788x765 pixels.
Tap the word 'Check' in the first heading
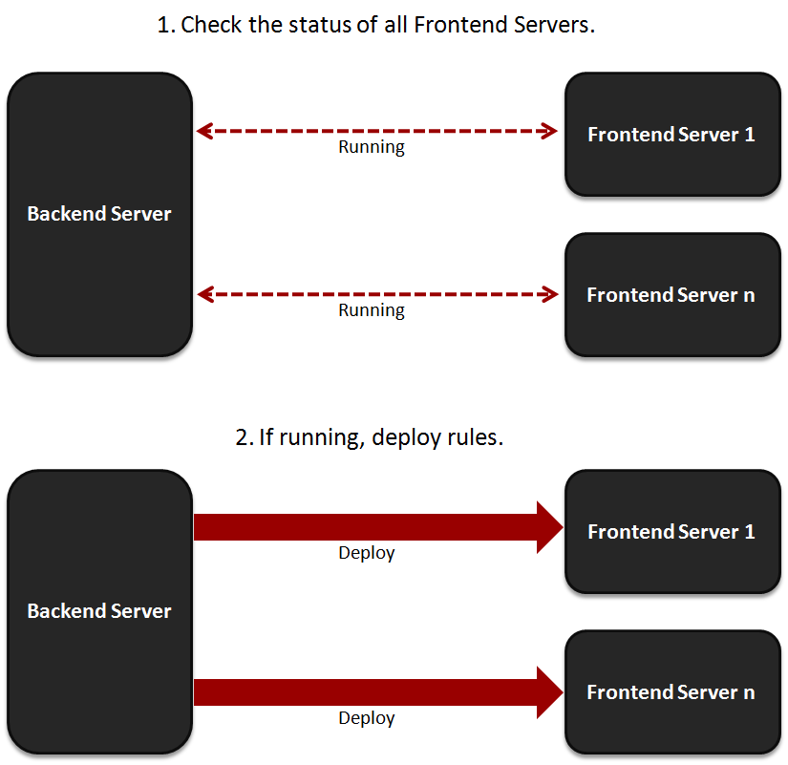coord(211,25)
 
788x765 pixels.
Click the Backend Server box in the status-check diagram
coord(100,215)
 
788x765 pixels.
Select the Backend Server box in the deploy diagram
coord(100,611)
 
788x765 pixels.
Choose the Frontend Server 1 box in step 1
coord(672,135)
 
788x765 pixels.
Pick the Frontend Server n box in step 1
coord(672,295)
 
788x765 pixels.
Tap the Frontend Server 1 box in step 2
coord(672,532)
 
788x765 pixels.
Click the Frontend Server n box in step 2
coord(672,692)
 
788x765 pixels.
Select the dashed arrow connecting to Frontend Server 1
coord(377,131)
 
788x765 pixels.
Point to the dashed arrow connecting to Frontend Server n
coord(378,294)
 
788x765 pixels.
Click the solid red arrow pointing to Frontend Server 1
coord(378,527)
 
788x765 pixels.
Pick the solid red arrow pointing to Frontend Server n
coord(378,692)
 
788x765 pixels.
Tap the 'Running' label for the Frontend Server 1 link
coord(372,148)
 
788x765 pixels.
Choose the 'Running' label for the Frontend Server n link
coord(372,311)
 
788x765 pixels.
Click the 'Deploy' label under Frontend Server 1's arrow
coord(367,553)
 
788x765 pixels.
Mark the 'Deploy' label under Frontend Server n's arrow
coord(367,719)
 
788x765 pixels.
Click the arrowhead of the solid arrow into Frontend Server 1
coord(551,527)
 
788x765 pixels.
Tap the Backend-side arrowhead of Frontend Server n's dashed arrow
coord(205,294)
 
